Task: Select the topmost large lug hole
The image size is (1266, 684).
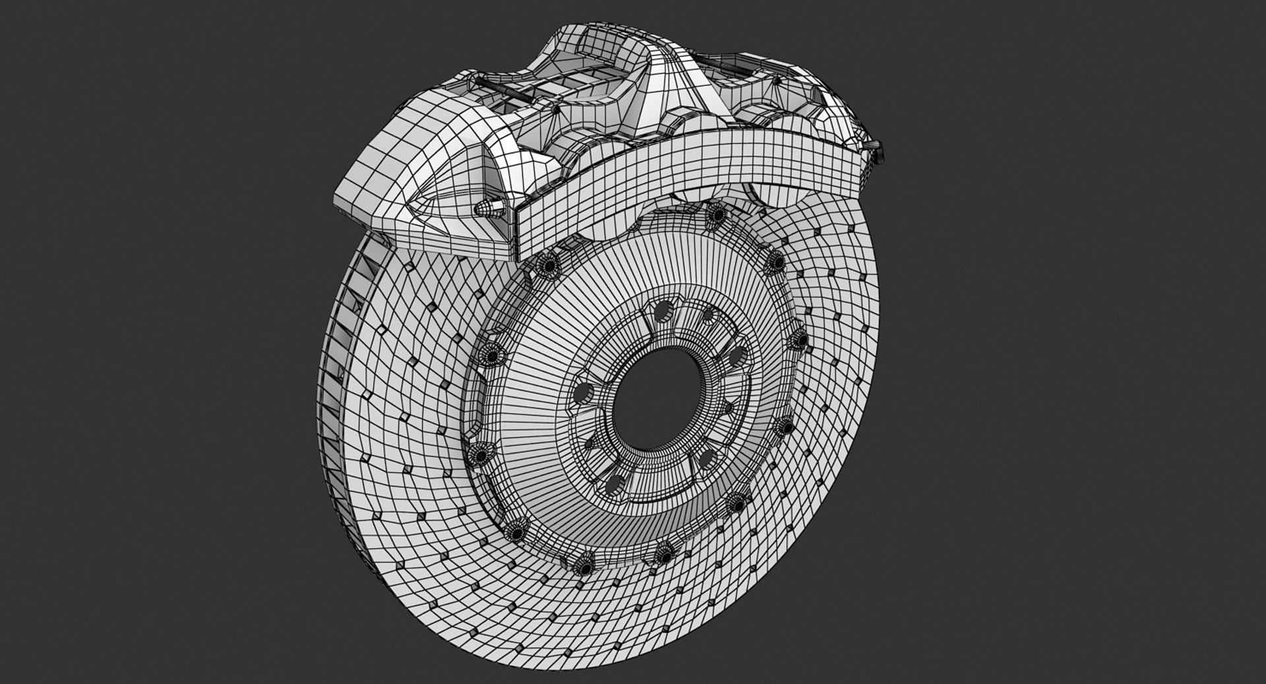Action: (665, 312)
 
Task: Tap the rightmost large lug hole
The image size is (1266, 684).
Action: (733, 356)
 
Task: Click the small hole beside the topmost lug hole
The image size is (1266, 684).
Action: (708, 315)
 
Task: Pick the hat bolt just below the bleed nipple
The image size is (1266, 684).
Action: (547, 266)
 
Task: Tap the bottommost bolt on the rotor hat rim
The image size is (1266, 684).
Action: (584, 565)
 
